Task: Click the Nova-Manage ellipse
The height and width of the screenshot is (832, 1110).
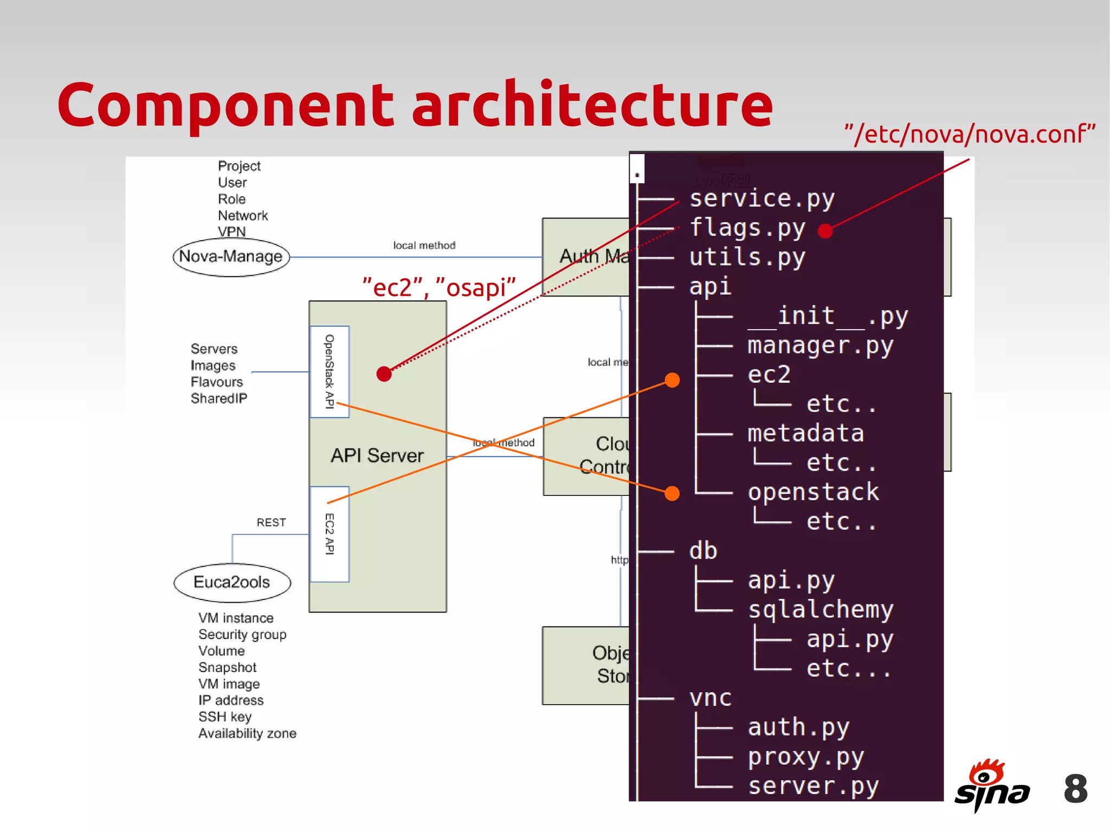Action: [231, 257]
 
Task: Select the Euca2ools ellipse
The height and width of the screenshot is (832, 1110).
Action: [232, 583]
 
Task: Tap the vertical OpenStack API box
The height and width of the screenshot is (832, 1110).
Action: [329, 372]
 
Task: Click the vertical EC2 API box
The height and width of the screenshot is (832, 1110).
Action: [329, 534]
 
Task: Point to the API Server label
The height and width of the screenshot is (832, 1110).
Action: [377, 456]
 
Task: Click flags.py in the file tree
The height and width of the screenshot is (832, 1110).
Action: [747, 228]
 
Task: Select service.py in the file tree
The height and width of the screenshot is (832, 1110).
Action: [761, 199]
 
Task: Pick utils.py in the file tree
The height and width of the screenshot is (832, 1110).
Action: [747, 257]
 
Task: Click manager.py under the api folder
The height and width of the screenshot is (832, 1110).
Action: [820, 346]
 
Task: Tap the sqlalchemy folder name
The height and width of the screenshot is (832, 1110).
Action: [821, 610]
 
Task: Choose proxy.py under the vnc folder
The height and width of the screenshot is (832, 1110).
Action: [806, 757]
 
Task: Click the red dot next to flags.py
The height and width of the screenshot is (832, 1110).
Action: [825, 231]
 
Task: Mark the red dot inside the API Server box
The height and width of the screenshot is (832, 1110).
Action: [384, 373]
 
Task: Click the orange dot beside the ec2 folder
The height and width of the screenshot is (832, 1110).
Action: [672, 380]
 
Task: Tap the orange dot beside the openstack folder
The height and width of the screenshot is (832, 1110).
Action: [672, 493]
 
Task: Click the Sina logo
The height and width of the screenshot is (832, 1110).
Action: [991, 785]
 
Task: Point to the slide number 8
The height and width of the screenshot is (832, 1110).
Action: [1075, 789]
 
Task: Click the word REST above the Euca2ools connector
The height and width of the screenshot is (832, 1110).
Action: [271, 523]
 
